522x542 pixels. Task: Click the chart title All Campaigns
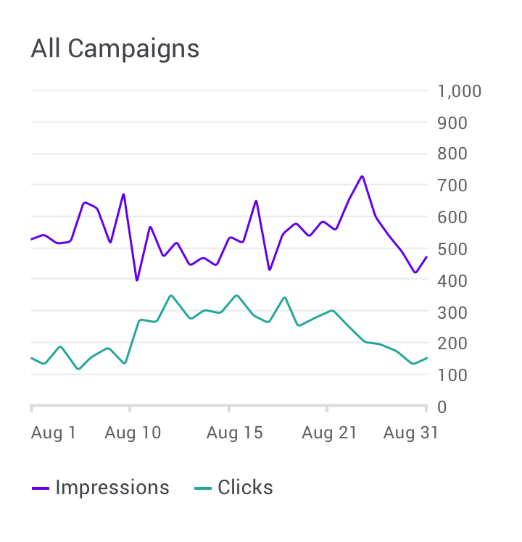tap(115, 49)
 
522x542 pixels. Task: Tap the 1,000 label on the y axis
tap(460, 91)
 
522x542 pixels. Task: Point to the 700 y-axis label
tap(452, 185)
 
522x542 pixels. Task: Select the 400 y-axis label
tap(452, 281)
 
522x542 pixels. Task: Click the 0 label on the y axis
tap(442, 407)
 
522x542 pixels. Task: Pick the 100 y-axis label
tap(452, 375)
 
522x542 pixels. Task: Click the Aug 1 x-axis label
tap(53, 433)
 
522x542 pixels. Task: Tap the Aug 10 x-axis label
tap(133, 433)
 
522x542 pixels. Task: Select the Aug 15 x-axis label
tap(234, 433)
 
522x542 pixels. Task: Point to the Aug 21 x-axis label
tap(329, 433)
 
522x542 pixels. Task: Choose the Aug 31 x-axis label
tap(411, 433)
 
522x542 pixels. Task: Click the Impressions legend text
tap(112, 488)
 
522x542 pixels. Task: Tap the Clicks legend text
tap(245, 488)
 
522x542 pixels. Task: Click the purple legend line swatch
tap(41, 488)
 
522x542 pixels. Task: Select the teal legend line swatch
tap(203, 488)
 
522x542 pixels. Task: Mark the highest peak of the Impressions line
tap(362, 177)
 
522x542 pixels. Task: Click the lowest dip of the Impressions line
tap(137, 280)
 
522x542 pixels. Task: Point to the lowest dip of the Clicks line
tap(78, 369)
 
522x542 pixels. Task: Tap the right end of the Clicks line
tap(427, 358)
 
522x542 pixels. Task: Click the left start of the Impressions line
tap(31, 239)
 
